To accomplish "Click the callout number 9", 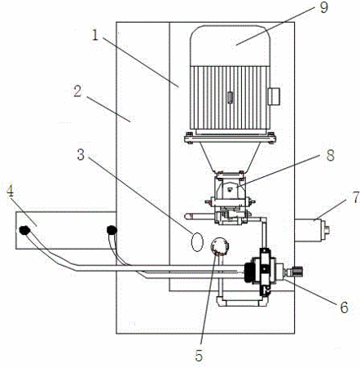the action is click(x=323, y=7).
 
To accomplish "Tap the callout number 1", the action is click(x=95, y=35).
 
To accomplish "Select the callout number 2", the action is click(x=77, y=91).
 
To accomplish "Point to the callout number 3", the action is click(x=81, y=155).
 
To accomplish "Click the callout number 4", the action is click(x=10, y=192).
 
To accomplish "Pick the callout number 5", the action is click(x=199, y=356).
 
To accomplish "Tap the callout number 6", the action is click(x=344, y=307).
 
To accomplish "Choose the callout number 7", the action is click(x=356, y=197).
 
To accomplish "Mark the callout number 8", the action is click(x=330, y=155).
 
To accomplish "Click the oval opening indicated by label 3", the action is click(x=197, y=241).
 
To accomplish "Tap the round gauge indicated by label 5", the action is click(x=220, y=245).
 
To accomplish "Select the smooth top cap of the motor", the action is click(x=230, y=46).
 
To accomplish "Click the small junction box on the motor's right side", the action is click(x=274, y=96).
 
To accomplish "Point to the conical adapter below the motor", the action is click(x=230, y=157).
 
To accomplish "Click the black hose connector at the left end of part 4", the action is click(x=24, y=231).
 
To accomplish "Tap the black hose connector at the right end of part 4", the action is click(x=112, y=230).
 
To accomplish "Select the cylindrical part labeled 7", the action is click(x=312, y=231).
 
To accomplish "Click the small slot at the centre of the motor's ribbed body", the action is click(x=230, y=98).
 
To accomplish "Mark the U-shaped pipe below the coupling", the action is click(x=242, y=302).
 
